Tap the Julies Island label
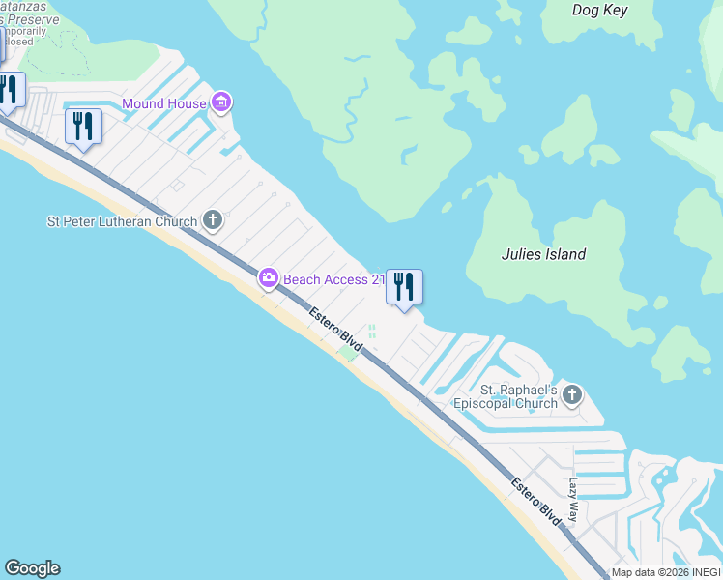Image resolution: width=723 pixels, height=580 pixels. click(543, 255)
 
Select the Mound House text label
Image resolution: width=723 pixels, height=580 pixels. click(163, 103)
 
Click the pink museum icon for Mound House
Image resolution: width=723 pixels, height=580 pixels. click(222, 102)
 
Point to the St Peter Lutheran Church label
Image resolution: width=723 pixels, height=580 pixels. click(122, 221)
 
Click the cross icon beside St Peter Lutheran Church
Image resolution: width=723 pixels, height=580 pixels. click(213, 221)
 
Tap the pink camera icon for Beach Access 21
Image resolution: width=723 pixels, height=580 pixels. click(268, 279)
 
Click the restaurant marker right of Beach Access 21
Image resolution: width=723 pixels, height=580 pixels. click(404, 287)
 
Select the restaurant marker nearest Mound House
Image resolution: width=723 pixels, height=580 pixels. click(83, 127)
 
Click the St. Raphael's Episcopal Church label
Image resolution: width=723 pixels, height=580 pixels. click(519, 396)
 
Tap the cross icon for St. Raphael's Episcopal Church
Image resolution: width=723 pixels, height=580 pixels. click(572, 394)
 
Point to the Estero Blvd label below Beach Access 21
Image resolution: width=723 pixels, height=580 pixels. click(335, 331)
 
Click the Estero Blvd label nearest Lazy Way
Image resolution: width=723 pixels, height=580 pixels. click(536, 503)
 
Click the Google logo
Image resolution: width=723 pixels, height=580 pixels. click(32, 568)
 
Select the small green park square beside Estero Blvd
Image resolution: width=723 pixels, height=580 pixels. click(347, 354)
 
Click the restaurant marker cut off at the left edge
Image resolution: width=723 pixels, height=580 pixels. click(9, 92)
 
